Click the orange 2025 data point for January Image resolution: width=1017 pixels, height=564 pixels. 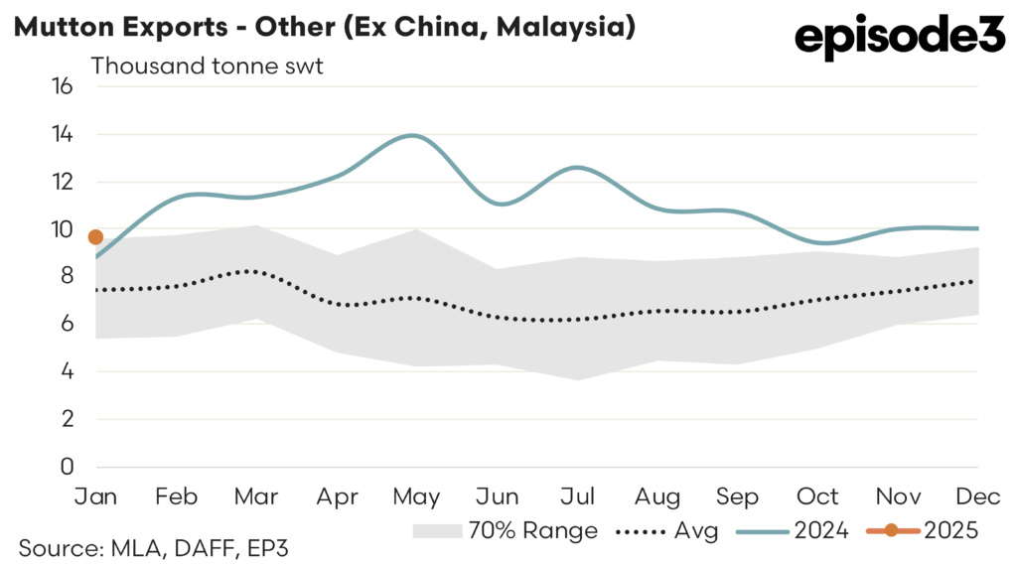(x=95, y=236)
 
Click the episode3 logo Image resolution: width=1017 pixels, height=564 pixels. (x=900, y=39)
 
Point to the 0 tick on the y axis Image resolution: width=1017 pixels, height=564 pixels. (x=68, y=467)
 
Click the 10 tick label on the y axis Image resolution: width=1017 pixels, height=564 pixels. (x=63, y=229)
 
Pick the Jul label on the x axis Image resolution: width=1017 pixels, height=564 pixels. (x=578, y=495)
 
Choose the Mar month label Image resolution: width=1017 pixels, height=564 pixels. (x=255, y=495)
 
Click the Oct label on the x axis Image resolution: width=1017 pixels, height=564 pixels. (x=818, y=495)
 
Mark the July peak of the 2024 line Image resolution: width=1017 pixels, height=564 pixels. (x=578, y=168)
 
